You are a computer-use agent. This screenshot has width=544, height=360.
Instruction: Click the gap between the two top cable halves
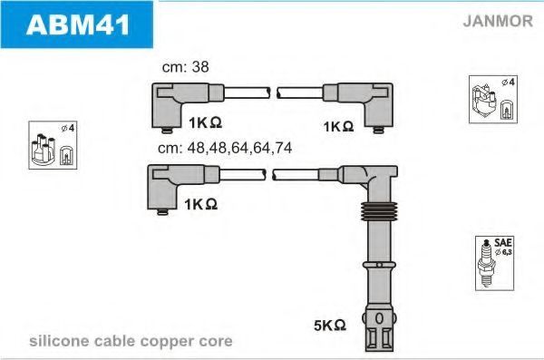tap(274, 92)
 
